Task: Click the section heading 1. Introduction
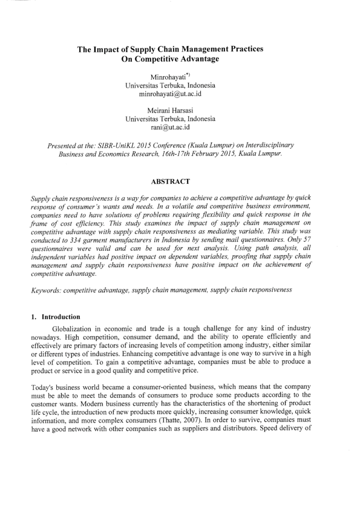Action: click(58, 316)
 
